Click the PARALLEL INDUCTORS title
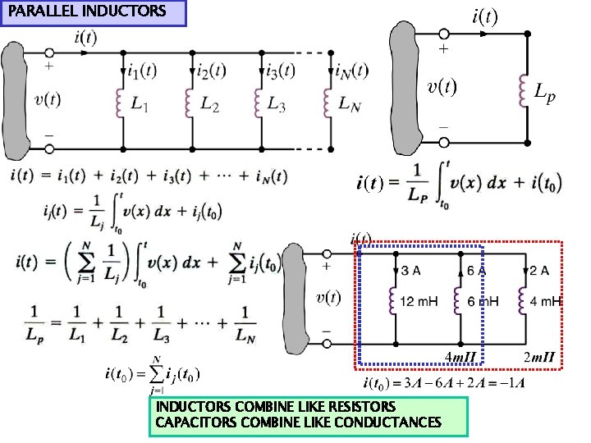pyautogui.click(x=86, y=11)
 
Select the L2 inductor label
pyautogui.click(x=209, y=104)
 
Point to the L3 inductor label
pyautogui.click(x=278, y=104)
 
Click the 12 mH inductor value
pyautogui.click(x=419, y=302)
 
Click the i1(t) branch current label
pyautogui.click(x=141, y=71)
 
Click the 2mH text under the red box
pyautogui.click(x=539, y=357)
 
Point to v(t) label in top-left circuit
pyautogui.click(x=48, y=99)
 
